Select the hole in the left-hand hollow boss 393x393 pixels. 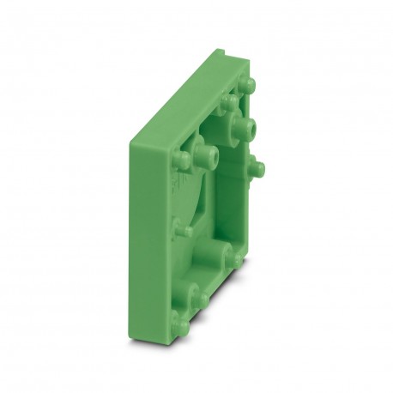click(207, 156)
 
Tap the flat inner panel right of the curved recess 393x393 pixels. click(236, 206)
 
